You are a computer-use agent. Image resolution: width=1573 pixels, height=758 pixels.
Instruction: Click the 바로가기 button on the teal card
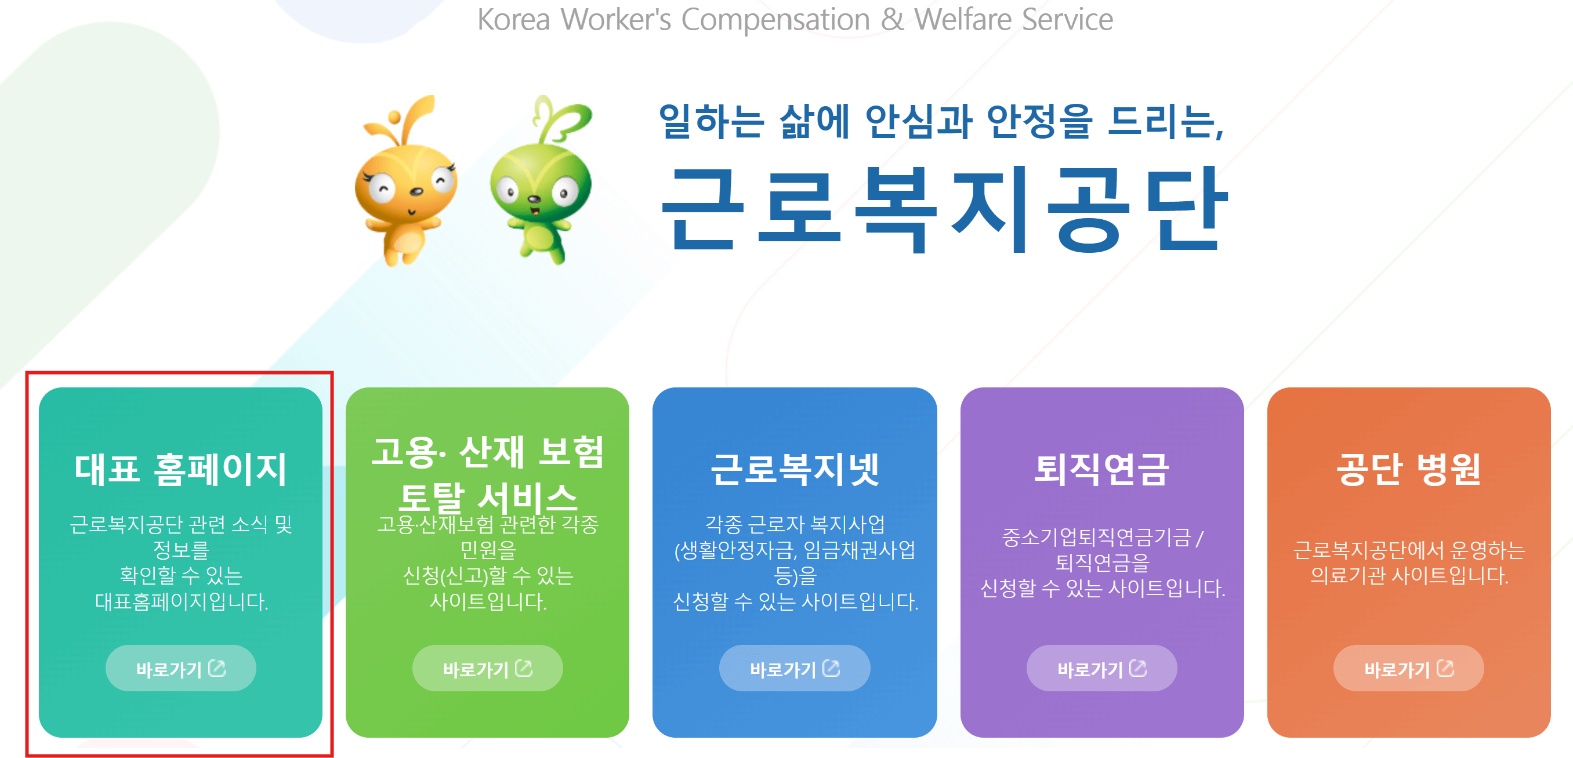pyautogui.click(x=180, y=668)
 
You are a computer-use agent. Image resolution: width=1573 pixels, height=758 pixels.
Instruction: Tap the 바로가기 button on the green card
pyautogui.click(x=487, y=668)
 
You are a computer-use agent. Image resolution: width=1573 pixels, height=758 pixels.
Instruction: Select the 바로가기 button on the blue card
pyautogui.click(x=795, y=668)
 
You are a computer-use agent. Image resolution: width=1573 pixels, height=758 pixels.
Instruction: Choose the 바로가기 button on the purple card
pyautogui.click(x=1101, y=668)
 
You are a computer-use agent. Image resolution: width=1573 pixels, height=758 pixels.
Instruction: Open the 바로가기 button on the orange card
pyautogui.click(x=1408, y=668)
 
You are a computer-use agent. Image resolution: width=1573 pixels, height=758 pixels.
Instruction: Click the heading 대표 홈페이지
pyautogui.click(x=180, y=469)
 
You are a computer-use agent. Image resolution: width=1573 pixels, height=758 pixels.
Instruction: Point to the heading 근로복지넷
pyautogui.click(x=795, y=469)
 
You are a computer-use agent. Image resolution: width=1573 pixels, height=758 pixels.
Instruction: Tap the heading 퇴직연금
pyautogui.click(x=1101, y=469)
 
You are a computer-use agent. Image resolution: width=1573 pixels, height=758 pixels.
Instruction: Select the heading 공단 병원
pyautogui.click(x=1408, y=469)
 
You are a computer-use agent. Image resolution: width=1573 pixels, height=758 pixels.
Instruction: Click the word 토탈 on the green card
pyautogui.click(x=431, y=497)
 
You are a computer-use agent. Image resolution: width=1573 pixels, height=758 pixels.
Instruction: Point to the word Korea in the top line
pyautogui.click(x=513, y=20)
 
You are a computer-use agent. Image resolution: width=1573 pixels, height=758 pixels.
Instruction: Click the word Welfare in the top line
pyautogui.click(x=963, y=20)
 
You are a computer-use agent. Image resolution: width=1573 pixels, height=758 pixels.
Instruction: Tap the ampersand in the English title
pyautogui.click(x=892, y=20)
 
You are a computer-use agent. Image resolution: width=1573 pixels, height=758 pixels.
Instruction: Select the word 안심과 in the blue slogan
pyautogui.click(x=918, y=121)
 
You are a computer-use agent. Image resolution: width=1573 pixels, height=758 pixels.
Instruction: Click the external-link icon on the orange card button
pyautogui.click(x=1445, y=668)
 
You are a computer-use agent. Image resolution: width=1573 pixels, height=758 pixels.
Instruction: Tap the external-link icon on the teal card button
pyautogui.click(x=217, y=668)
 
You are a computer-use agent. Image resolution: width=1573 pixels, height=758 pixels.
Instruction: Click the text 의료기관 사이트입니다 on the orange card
pyautogui.click(x=1409, y=575)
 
